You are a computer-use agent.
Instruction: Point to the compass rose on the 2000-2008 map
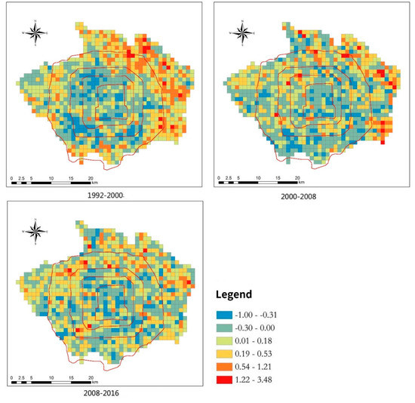click(241, 33)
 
